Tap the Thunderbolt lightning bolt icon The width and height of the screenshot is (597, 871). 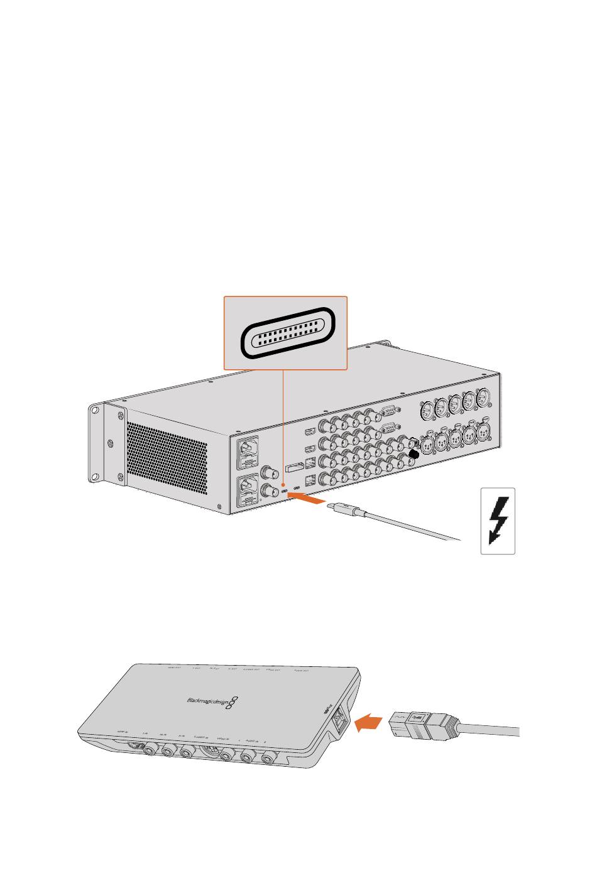pyautogui.click(x=498, y=521)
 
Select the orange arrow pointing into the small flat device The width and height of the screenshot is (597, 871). pyautogui.click(x=368, y=725)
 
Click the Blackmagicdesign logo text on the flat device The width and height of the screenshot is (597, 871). pyautogui.click(x=207, y=701)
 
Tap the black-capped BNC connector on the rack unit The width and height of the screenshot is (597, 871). pyautogui.click(x=414, y=453)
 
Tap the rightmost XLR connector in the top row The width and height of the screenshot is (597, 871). pyautogui.click(x=484, y=397)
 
